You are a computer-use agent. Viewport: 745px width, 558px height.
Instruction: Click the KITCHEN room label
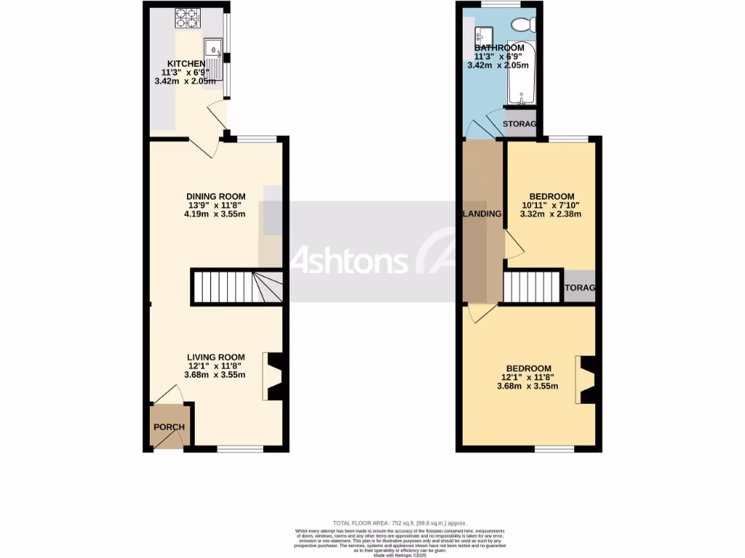point(186,64)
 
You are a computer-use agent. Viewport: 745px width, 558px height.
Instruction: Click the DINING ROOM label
point(216,196)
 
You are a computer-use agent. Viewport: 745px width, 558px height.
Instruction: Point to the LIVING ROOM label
point(215,357)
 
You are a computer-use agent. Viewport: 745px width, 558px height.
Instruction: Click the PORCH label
point(168,427)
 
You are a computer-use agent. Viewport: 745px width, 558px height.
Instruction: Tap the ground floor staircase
point(236,286)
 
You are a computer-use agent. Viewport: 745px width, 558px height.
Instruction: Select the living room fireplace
point(274,376)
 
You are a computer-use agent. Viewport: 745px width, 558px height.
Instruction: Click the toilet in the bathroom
point(523,25)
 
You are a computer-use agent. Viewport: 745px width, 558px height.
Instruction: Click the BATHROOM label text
point(499,48)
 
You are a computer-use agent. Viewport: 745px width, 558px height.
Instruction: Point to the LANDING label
point(482,214)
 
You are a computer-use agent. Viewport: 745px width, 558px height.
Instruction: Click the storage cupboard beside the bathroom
point(520,124)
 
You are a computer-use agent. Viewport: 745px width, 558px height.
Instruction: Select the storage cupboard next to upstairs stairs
point(580,288)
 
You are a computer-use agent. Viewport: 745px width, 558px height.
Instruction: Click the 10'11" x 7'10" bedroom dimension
point(551,206)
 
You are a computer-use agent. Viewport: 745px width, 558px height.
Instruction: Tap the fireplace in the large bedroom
point(586,380)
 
